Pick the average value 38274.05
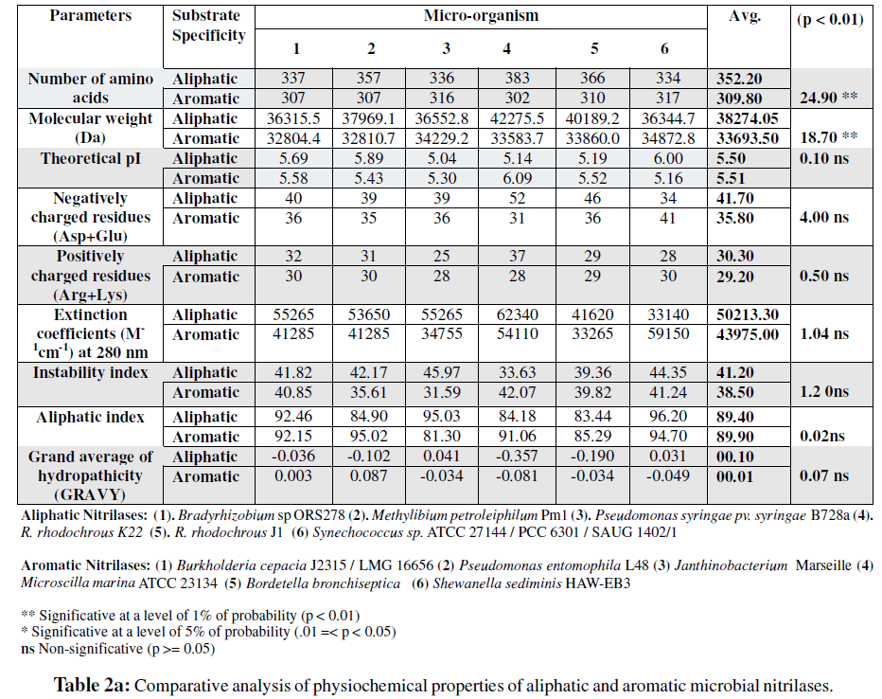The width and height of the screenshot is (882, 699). coord(747,119)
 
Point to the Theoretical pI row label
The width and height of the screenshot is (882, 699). coord(91,158)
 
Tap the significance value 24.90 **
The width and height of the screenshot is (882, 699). coord(830,99)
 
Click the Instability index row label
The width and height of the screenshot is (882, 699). coord(91,373)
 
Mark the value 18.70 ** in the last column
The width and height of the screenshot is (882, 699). coord(830,138)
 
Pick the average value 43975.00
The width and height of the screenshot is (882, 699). coord(747,334)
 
